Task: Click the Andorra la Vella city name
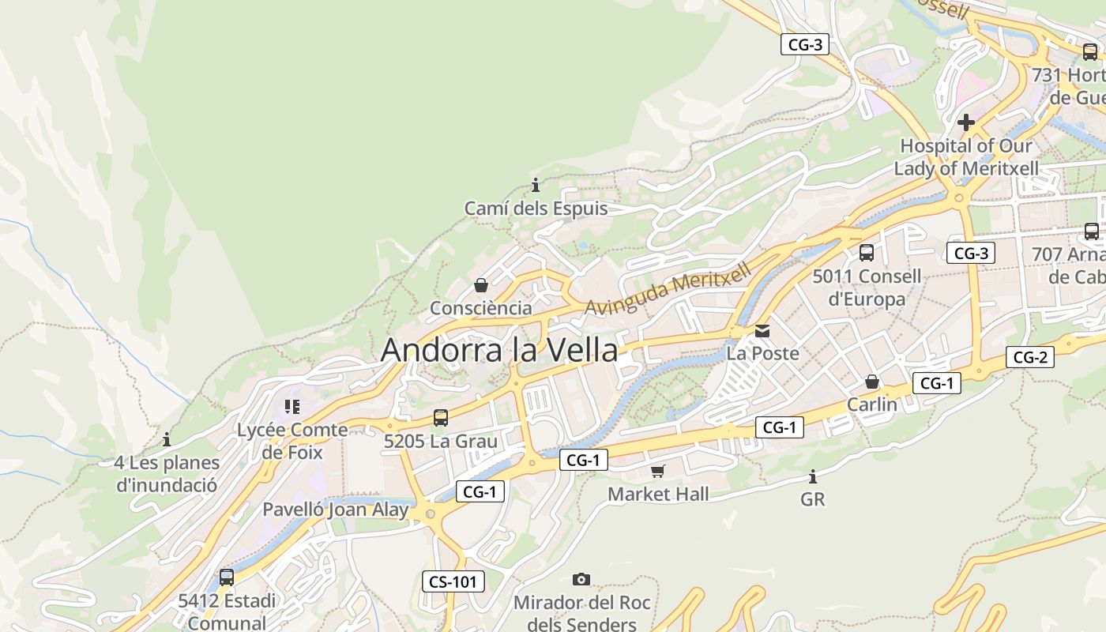click(x=498, y=350)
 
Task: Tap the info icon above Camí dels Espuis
click(x=536, y=185)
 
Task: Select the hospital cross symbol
click(x=965, y=122)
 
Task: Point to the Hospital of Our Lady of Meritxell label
click(x=965, y=157)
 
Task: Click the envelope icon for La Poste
click(x=762, y=331)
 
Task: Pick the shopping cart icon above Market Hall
click(x=657, y=472)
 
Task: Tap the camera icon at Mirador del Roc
click(x=581, y=579)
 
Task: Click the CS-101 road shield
click(x=453, y=581)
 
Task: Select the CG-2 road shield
click(x=1030, y=357)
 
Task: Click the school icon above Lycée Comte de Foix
click(x=292, y=407)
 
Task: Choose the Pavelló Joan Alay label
click(x=335, y=510)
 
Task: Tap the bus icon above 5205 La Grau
click(x=441, y=418)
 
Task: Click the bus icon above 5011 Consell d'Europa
click(x=867, y=253)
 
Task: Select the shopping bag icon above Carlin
click(x=872, y=382)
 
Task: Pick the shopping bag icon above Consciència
click(x=480, y=285)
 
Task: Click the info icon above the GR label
click(x=812, y=476)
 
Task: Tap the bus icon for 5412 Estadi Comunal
click(x=227, y=577)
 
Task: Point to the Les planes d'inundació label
click(x=167, y=474)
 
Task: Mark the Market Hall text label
click(x=658, y=495)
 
